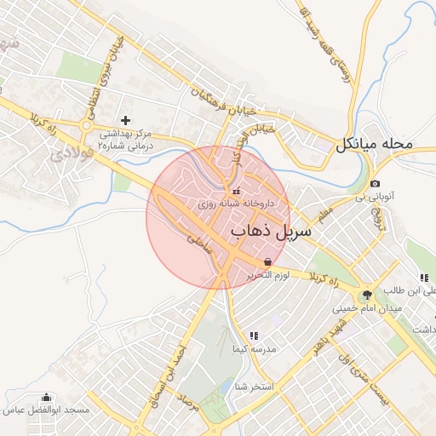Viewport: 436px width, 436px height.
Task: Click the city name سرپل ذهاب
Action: tap(271, 230)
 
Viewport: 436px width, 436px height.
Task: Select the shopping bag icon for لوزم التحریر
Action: tap(268, 261)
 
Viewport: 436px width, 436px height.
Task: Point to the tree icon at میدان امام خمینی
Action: tap(367, 295)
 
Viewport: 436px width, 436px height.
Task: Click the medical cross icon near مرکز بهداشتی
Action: tap(126, 121)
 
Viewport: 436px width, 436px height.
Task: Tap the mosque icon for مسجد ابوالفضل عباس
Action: tap(46, 397)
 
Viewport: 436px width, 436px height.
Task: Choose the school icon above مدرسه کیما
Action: tap(253, 336)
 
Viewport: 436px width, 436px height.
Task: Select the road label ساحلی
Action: tap(198, 244)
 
